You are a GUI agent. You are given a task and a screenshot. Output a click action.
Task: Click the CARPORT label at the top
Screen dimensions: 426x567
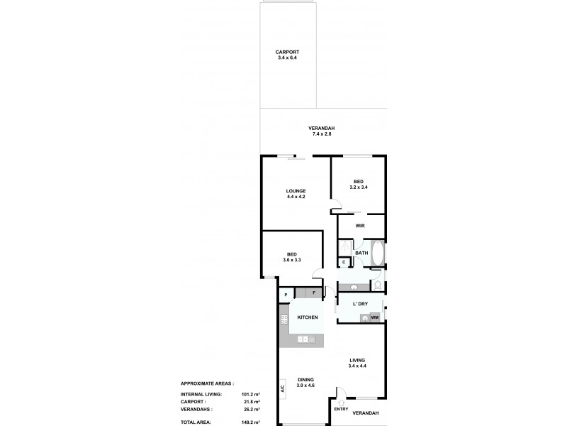(288, 52)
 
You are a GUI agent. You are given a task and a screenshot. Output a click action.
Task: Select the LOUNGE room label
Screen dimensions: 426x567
(296, 190)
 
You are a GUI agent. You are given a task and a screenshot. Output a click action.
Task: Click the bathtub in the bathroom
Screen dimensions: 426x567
(377, 253)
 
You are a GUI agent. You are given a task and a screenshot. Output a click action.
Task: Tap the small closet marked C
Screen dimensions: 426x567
(343, 263)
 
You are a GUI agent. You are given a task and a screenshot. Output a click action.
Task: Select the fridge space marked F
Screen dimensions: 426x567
(314, 293)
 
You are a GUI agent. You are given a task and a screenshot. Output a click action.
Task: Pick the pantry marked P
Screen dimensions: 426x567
(286, 294)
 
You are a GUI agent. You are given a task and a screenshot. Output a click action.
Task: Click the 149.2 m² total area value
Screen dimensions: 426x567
(251, 421)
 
